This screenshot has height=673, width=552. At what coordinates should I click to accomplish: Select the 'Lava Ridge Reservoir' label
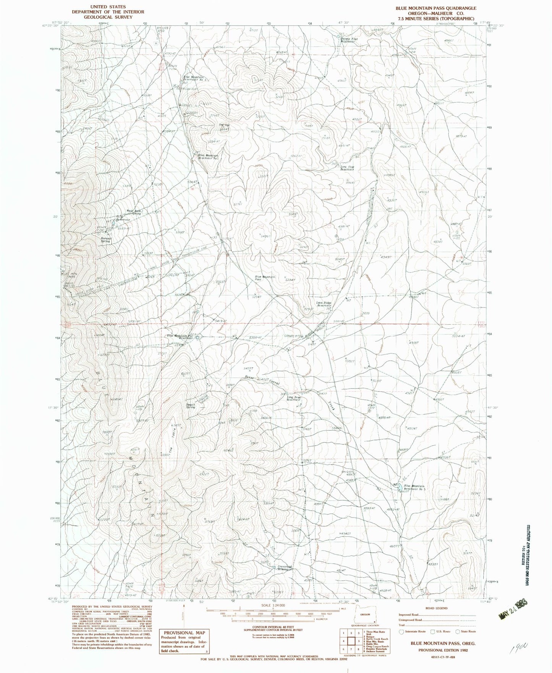(323, 305)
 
